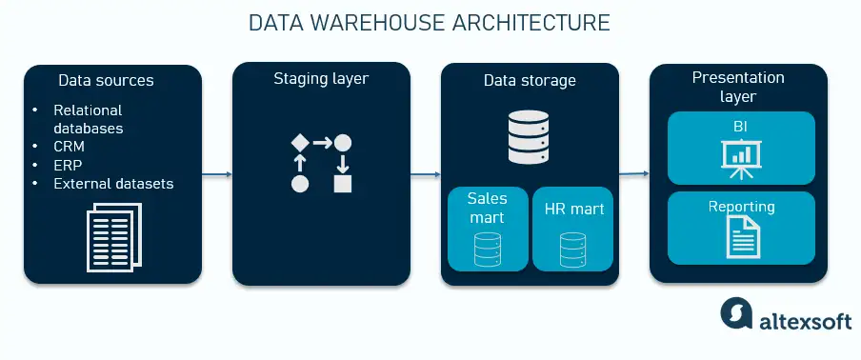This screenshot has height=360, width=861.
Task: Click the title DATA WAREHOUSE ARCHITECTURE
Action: click(430, 23)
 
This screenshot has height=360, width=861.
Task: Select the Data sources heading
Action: click(106, 80)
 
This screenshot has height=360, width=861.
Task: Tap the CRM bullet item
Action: click(69, 147)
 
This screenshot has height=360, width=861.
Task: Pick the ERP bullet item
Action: click(68, 165)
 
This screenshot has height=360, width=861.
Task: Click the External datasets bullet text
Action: click(113, 183)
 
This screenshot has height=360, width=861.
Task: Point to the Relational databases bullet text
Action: click(89, 119)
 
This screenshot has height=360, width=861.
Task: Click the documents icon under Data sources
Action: click(112, 239)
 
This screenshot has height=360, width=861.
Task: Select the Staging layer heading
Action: click(321, 78)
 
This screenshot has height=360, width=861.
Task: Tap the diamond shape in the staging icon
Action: click(299, 143)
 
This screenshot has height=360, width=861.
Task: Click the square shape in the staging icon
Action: click(343, 183)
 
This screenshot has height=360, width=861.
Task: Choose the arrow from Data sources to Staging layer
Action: click(217, 174)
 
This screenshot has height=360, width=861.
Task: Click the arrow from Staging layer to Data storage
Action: click(425, 174)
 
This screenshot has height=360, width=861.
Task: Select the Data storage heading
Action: click(530, 81)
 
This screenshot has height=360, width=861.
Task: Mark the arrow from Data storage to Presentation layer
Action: click(633, 174)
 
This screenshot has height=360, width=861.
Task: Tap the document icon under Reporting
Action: click(741, 235)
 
